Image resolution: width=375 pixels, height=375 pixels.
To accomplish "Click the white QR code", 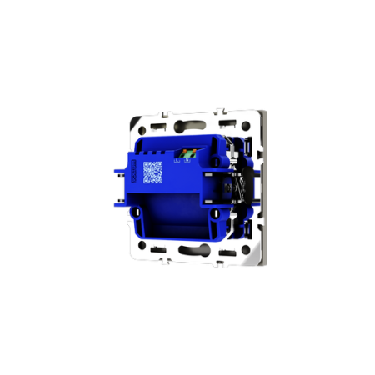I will point(152,172).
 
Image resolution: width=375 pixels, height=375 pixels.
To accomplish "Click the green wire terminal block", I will point(188,153).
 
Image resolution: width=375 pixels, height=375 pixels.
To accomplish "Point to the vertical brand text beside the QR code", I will point(136,172).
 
